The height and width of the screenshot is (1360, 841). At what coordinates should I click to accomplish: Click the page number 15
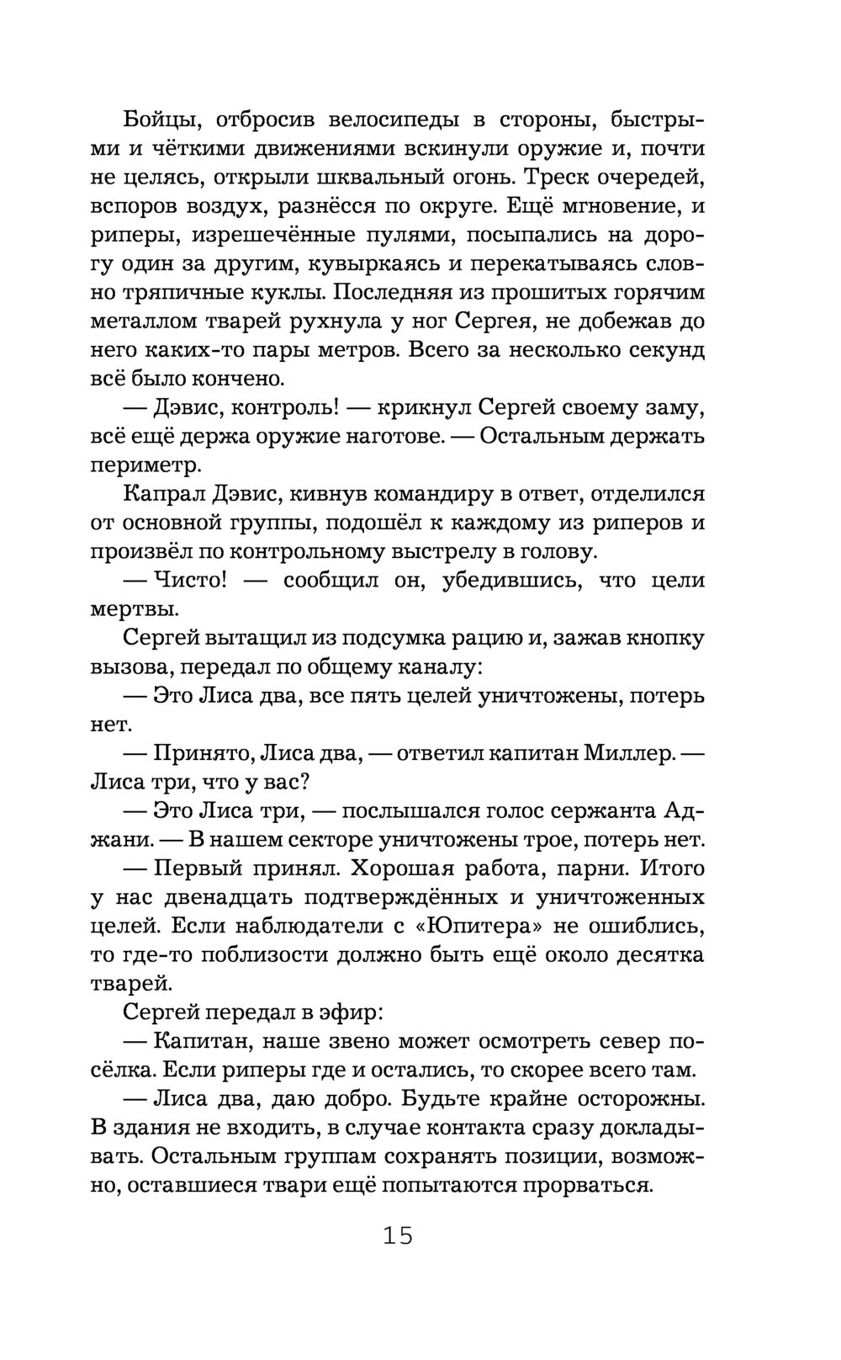398,1235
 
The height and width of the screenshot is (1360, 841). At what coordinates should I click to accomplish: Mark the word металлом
139,321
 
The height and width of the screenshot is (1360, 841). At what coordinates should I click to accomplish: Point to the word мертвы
133,608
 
